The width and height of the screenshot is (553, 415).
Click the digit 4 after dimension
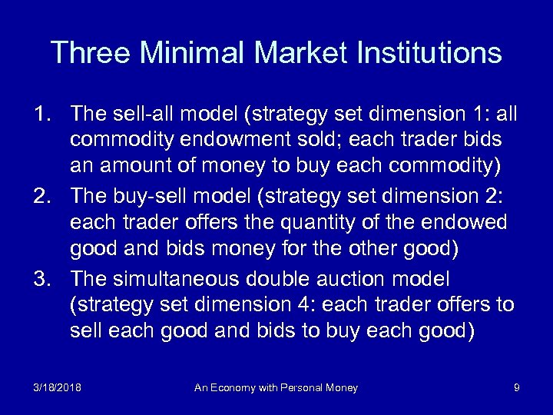pyautogui.click(x=309, y=305)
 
